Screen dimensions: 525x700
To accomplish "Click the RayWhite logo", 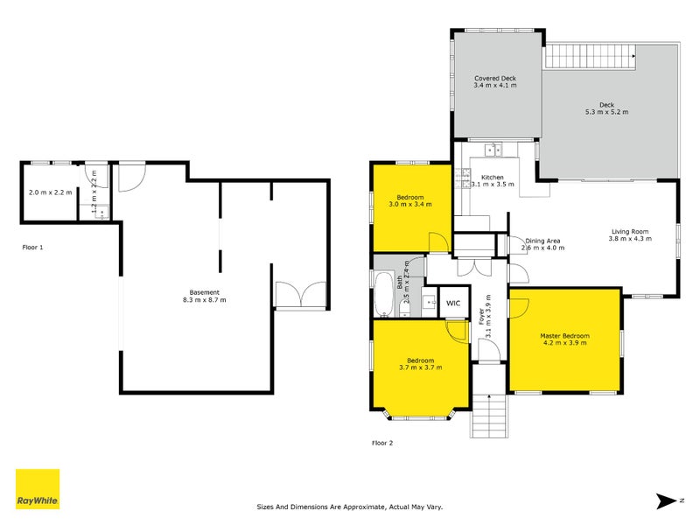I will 38,489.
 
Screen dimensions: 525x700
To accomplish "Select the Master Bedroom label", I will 564,339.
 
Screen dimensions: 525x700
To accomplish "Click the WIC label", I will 453,303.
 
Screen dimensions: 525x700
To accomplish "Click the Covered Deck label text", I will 495,81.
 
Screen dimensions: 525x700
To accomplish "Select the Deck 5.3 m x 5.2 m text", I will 606,108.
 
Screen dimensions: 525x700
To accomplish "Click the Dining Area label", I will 542,244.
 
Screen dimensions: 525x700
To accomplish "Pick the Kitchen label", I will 494,180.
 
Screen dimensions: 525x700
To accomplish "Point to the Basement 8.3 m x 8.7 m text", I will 199,296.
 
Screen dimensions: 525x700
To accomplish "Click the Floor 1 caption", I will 32,248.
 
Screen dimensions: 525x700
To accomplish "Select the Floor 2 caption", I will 382,443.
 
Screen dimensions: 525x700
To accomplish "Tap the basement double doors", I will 300,295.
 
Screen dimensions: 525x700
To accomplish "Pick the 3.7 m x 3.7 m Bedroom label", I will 420,363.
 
